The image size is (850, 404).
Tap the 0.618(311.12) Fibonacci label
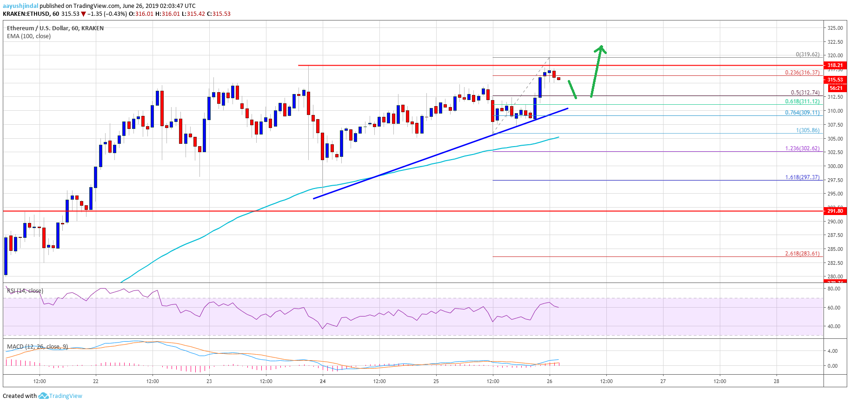(x=802, y=101)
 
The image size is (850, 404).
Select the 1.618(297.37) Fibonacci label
(x=802, y=177)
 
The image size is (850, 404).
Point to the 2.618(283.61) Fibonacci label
(x=802, y=254)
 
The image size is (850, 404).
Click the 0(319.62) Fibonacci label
(x=807, y=54)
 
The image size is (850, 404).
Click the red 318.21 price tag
(x=835, y=66)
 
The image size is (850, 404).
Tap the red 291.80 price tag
(x=835, y=211)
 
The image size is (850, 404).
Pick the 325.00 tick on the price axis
(x=835, y=28)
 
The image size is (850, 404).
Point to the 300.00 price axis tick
(x=835, y=166)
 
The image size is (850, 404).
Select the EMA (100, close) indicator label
(x=29, y=36)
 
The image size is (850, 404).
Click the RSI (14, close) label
(x=25, y=291)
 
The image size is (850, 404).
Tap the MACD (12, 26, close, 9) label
(x=37, y=347)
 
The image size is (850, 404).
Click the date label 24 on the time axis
(x=323, y=381)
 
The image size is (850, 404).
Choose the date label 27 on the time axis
(x=663, y=381)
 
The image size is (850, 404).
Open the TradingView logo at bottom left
(x=60, y=396)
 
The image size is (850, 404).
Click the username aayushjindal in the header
(x=20, y=6)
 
